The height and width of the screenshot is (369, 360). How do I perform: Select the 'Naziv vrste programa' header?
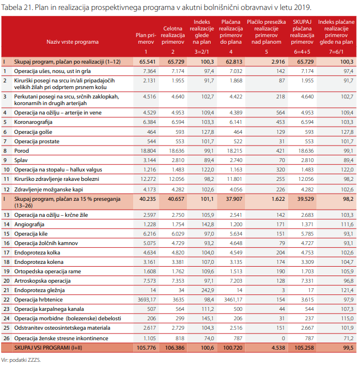pyautogui.click(x=73, y=41)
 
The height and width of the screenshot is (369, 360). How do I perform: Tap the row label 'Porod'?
pyautogui.click(x=23, y=150)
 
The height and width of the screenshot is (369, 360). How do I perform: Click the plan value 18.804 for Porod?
pyautogui.click(x=147, y=150)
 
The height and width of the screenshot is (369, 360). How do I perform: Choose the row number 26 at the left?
pyautogui.click(x=6, y=337)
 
